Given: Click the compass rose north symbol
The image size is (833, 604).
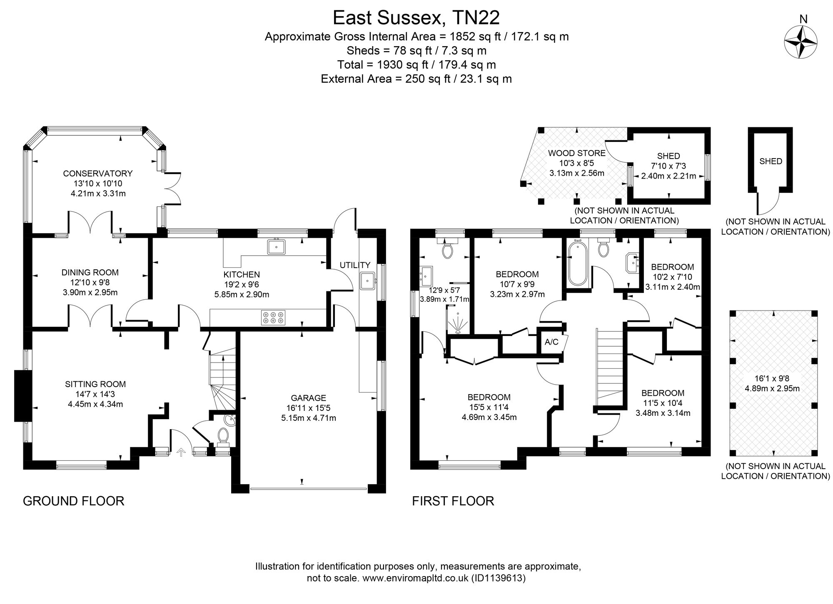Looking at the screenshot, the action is [x=801, y=42].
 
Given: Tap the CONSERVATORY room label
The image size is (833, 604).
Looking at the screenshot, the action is [x=98, y=174].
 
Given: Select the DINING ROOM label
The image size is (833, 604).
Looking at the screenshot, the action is [x=90, y=273].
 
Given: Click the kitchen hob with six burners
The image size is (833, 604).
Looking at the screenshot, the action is [x=273, y=318].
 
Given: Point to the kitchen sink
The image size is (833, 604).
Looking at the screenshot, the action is [x=276, y=247].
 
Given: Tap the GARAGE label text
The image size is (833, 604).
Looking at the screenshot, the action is [x=309, y=398].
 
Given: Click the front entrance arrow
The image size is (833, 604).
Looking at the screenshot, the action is [x=181, y=452].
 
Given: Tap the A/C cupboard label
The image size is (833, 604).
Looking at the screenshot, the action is [x=552, y=342].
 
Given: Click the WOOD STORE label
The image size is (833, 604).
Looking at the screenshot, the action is [x=576, y=153].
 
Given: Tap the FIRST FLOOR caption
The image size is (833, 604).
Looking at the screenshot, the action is [x=453, y=501].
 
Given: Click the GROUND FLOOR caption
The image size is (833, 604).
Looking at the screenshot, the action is [x=74, y=501].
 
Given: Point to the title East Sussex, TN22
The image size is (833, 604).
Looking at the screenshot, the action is [x=416, y=18].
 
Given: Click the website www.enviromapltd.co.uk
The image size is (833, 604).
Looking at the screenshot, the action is [x=416, y=578].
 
